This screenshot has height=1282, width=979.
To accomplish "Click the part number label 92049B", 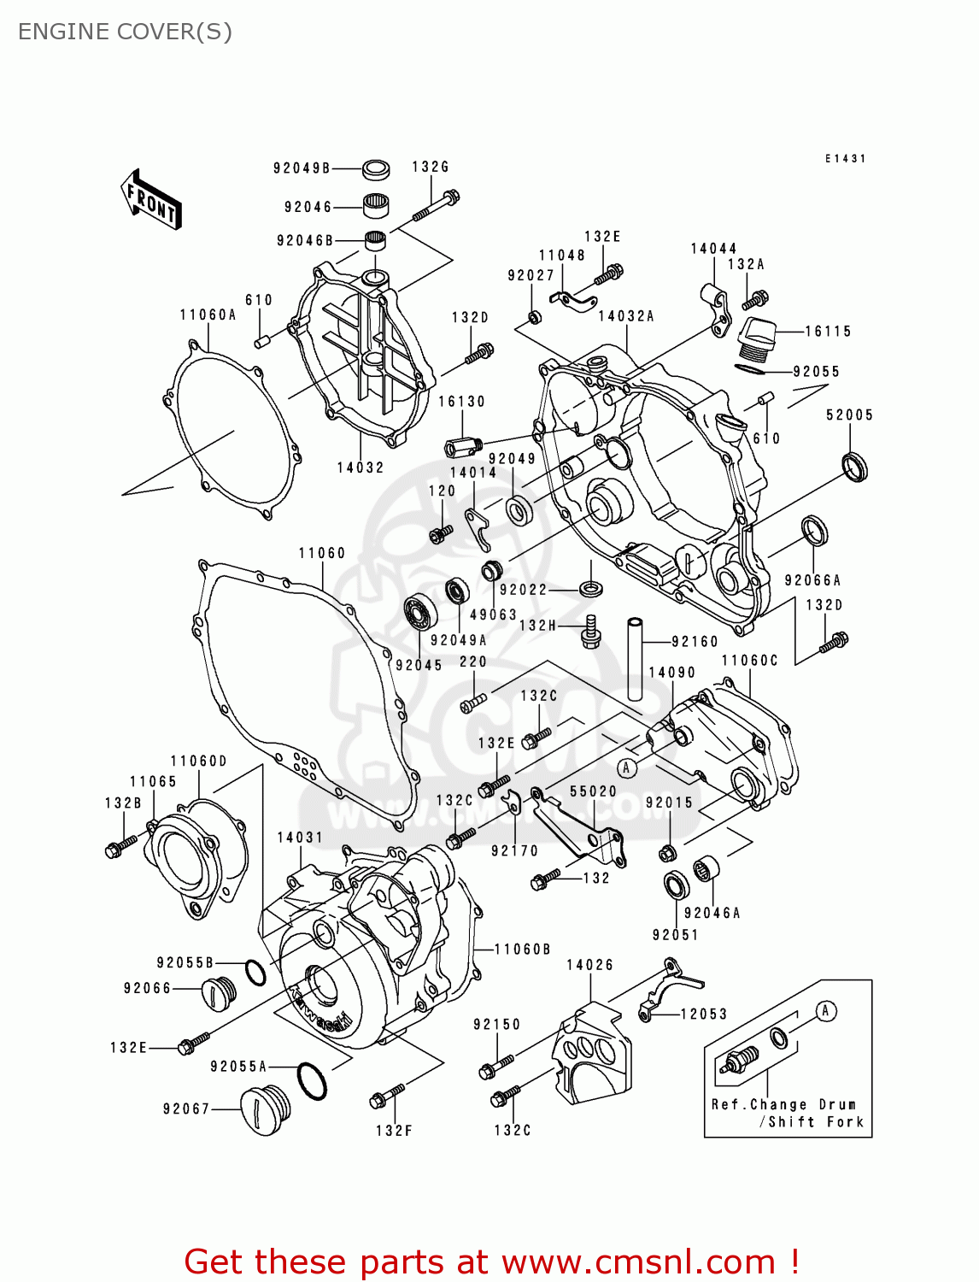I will point(302,168).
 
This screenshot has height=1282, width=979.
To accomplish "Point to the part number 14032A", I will point(626,316).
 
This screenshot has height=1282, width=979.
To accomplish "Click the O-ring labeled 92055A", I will point(312,1082).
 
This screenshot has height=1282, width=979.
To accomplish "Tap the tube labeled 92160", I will point(635,658).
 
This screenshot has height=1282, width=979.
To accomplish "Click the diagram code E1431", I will point(845,159).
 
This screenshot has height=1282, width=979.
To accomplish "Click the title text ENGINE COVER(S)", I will point(125,32).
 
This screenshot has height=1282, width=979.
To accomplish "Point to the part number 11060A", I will point(208,315).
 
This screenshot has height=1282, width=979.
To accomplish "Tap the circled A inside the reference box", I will point(825,1011).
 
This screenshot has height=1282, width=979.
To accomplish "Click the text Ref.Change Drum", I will point(783,1104).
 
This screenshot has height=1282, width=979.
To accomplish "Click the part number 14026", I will point(589,965).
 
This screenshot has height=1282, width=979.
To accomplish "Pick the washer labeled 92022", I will point(590,588).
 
